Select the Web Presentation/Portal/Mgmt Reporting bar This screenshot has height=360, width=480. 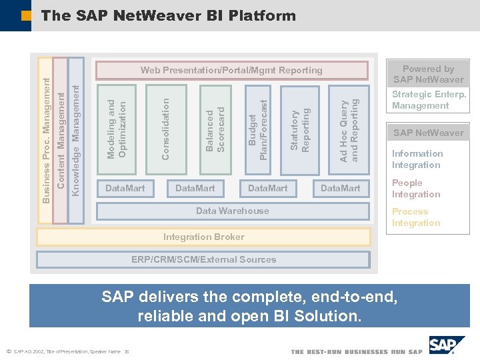[231, 70]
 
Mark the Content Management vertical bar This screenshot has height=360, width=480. [60, 140]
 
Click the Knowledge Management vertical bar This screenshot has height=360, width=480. [76, 140]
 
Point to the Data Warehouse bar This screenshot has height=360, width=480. [232, 211]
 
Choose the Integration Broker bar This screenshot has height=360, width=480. [203, 237]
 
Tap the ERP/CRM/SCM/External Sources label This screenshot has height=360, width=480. [203, 259]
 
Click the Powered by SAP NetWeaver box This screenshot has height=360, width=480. [428, 73]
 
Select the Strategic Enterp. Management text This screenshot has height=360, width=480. [429, 100]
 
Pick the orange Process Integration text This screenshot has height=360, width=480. [416, 217]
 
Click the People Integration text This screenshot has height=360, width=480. [416, 189]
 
